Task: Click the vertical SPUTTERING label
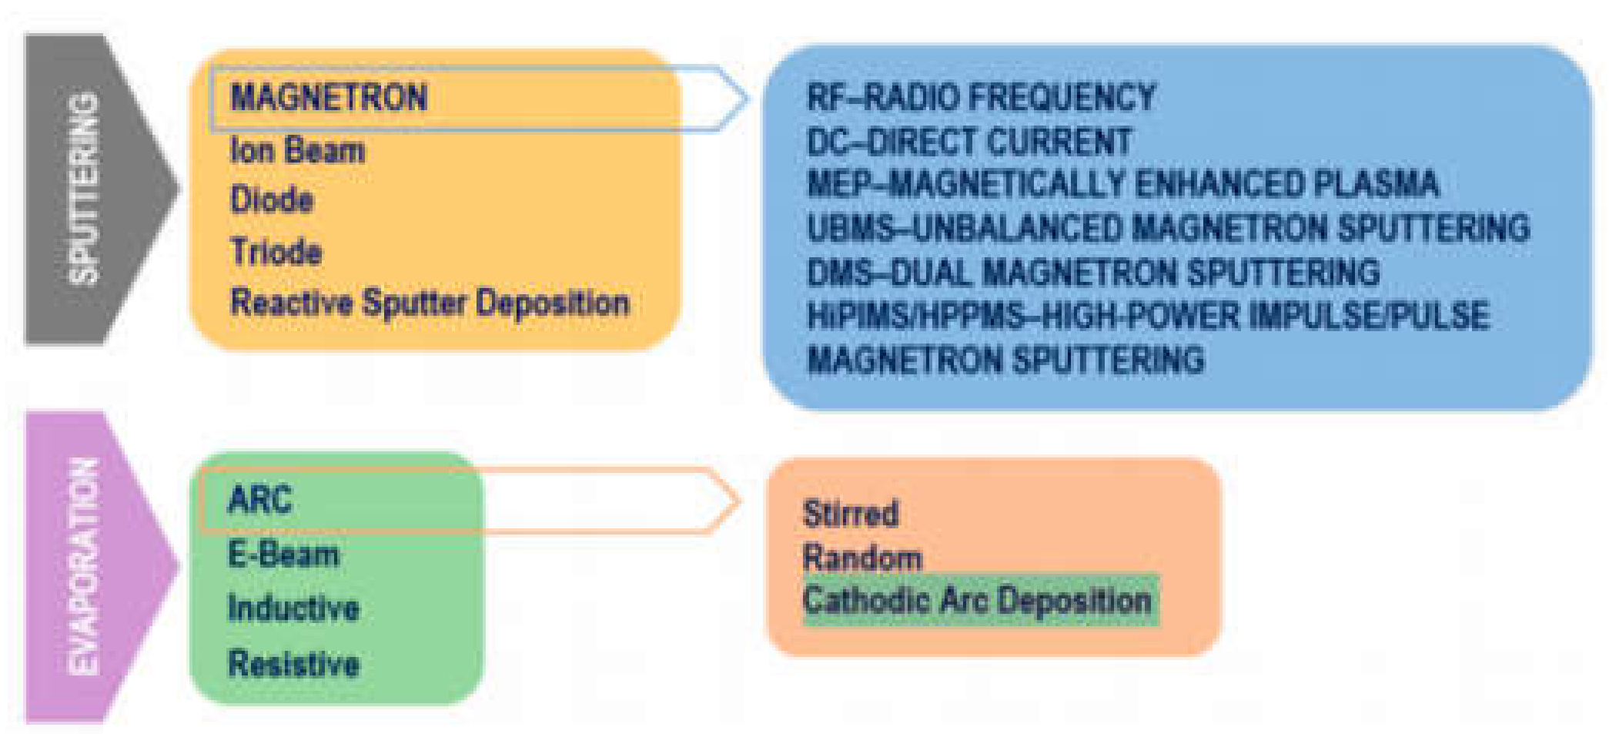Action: (83, 189)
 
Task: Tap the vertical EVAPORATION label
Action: (83, 567)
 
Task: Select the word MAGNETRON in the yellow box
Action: (329, 98)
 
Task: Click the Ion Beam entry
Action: (297, 150)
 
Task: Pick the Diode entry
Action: (272, 200)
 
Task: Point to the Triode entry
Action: (276, 252)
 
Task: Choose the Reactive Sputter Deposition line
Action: (430, 303)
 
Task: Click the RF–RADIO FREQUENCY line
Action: (981, 98)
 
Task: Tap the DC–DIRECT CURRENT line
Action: (969, 142)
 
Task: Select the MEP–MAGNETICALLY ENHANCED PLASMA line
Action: (1122, 185)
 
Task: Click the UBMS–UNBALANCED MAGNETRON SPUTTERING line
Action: (1168, 229)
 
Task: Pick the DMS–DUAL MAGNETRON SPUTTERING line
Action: (1093, 273)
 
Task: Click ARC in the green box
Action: (260, 500)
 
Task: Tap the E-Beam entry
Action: (283, 554)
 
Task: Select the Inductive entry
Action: (293, 608)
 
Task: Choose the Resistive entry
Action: (293, 663)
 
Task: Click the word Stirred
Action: (851, 514)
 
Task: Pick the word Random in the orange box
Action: (862, 558)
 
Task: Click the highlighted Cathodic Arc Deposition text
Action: (978, 600)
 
